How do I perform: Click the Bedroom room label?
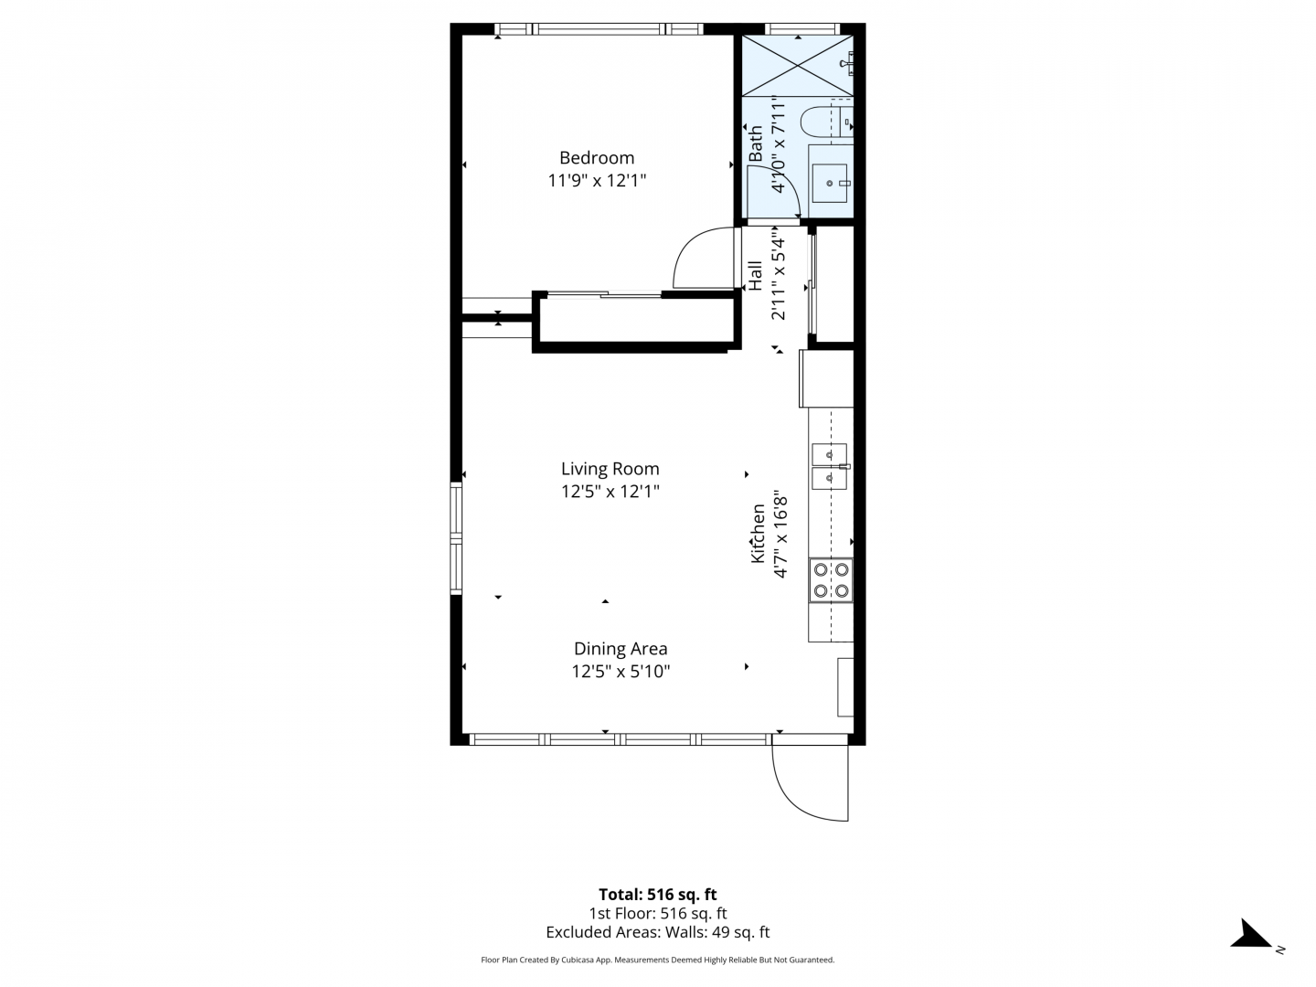click(597, 157)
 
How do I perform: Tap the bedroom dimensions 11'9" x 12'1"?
click(597, 180)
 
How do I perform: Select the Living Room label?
click(610, 469)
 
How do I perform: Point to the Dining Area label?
click(621, 649)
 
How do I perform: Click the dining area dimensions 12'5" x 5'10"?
click(621, 671)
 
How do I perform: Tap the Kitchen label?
click(758, 534)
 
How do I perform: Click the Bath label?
click(756, 143)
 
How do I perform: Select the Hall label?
click(754, 276)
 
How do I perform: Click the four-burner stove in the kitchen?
click(831, 579)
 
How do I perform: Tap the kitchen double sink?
click(829, 466)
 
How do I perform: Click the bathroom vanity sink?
click(830, 183)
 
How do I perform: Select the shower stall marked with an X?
click(798, 66)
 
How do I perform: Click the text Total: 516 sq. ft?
click(658, 894)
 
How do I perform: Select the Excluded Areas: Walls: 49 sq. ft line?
click(658, 932)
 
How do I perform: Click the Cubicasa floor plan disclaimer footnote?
click(658, 960)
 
